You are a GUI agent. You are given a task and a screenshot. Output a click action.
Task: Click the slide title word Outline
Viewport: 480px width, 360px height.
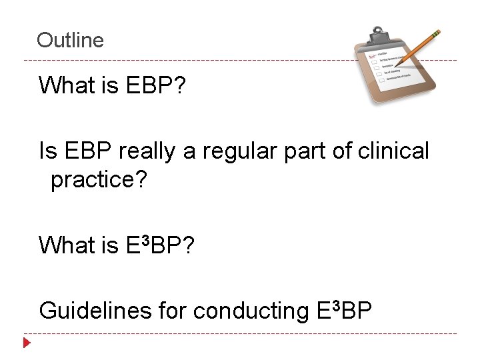70,40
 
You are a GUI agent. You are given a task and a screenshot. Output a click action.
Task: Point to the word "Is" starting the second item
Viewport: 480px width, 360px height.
48,151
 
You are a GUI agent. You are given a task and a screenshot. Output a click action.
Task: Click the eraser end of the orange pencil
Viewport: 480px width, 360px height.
436,32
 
